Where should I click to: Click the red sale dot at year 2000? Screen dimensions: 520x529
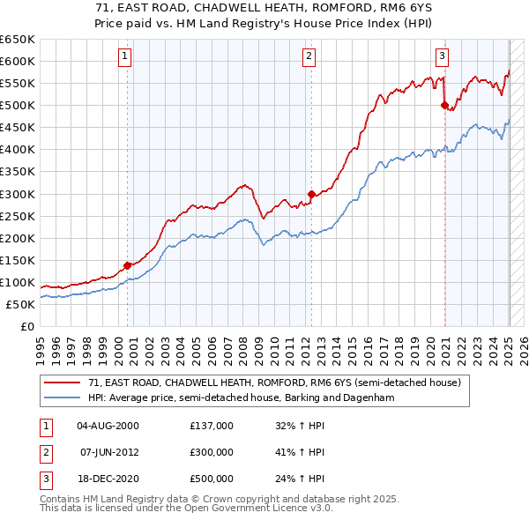point(127,264)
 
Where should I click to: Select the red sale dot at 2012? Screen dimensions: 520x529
point(311,194)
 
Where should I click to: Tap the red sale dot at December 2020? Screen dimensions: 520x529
point(444,105)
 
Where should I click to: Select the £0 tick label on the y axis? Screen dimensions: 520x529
point(26,326)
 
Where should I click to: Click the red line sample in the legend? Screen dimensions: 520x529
point(63,383)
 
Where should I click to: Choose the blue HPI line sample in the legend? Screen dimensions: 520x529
point(63,398)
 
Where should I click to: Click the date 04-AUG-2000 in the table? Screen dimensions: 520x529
point(108,426)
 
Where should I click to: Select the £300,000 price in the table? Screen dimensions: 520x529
point(211,452)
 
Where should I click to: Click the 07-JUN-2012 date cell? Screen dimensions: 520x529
point(108,452)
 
